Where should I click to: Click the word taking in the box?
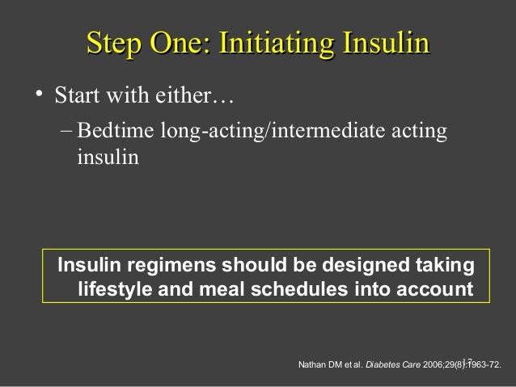445,266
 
